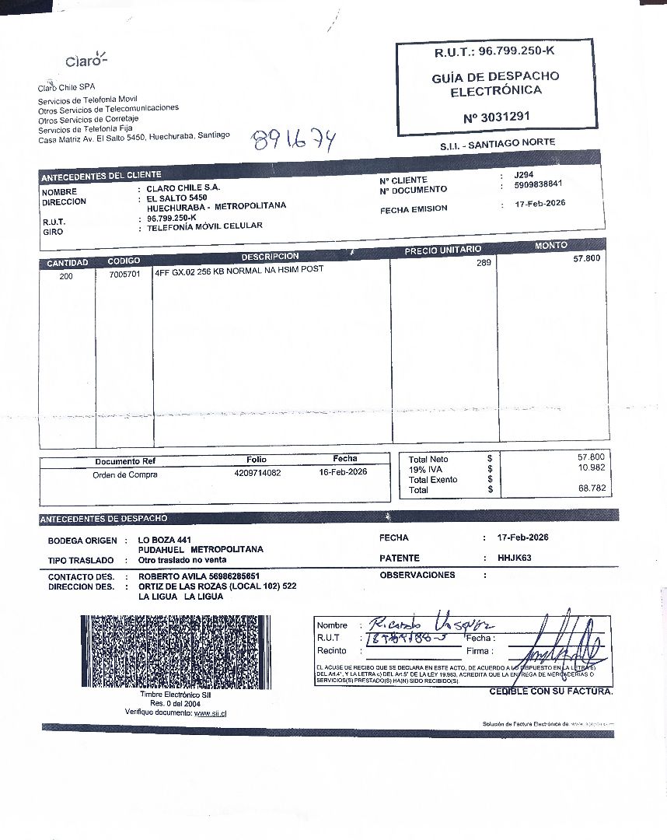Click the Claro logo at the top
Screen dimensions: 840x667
[x=86, y=60]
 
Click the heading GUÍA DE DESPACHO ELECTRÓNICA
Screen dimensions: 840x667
[x=495, y=83]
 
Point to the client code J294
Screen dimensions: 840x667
[x=524, y=176]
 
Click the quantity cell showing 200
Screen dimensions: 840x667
[x=67, y=275]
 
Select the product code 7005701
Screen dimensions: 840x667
[x=124, y=275]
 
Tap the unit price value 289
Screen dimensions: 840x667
[x=484, y=264]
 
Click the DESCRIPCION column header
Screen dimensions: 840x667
[x=270, y=257]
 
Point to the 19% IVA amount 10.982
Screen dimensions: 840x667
[x=592, y=467]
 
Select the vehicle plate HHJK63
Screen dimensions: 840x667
[x=515, y=558]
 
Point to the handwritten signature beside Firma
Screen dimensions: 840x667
[x=561, y=642]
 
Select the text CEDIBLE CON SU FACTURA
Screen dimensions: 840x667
[x=550, y=691]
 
